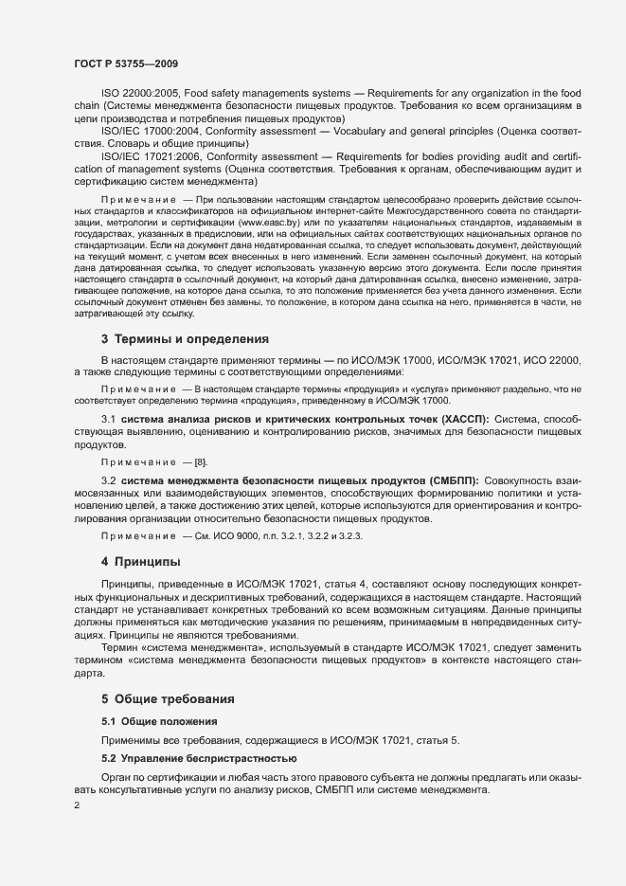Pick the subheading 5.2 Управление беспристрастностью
click(x=199, y=758)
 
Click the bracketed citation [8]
click(x=200, y=461)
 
